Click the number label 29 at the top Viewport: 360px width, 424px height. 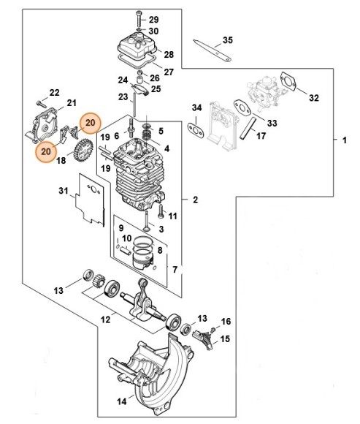pyautogui.click(x=153, y=18)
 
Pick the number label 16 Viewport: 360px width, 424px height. pyautogui.click(x=226, y=321)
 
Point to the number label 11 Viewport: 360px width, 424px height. pyautogui.click(x=173, y=216)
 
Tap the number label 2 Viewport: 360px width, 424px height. pyautogui.click(x=196, y=199)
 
